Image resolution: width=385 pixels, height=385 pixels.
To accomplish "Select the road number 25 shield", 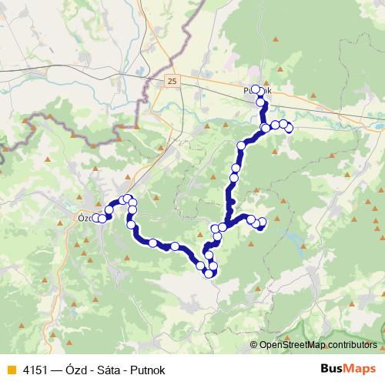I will [x=170, y=80].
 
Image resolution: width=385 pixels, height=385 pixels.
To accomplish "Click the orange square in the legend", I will [x=9, y=370].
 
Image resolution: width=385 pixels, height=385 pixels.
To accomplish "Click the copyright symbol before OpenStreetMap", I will [x=254, y=346].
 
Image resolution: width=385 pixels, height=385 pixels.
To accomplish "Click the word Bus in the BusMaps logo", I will [x=333, y=369].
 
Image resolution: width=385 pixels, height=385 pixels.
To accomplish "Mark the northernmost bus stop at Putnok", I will [x=256, y=89].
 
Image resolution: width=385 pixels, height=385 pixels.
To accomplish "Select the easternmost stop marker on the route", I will [x=290, y=128].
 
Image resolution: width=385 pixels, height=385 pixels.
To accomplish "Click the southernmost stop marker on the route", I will [x=208, y=273].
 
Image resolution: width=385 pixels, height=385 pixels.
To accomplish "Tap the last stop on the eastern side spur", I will [x=262, y=223].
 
